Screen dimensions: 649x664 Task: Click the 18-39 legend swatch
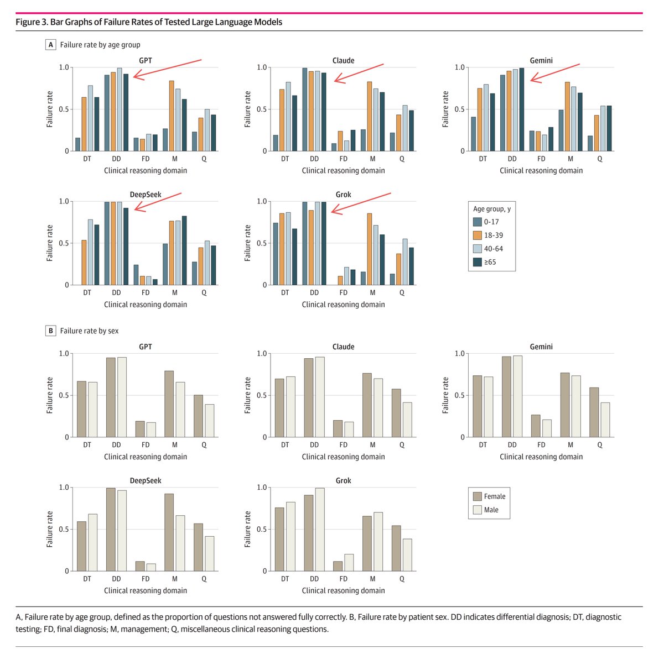(x=478, y=235)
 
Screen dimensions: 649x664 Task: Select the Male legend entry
(x=491, y=510)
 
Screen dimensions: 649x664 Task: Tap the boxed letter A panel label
(x=51, y=45)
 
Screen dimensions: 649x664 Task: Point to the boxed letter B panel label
(x=51, y=331)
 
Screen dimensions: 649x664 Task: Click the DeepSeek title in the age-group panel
(x=146, y=195)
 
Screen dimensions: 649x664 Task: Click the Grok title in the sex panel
(x=343, y=481)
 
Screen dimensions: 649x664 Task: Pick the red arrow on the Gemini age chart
(x=554, y=72)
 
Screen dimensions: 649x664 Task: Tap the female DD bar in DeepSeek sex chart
(x=111, y=530)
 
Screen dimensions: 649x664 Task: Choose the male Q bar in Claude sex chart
(x=407, y=420)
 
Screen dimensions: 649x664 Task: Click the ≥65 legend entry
(x=490, y=262)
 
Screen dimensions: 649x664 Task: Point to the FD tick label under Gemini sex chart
(x=541, y=444)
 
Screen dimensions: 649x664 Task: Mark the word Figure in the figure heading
(x=27, y=22)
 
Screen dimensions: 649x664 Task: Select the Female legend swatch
(x=478, y=496)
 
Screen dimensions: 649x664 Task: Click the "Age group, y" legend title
(x=492, y=209)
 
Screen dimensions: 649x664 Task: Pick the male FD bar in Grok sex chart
(x=349, y=562)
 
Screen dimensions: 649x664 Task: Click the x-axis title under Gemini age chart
(x=541, y=171)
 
